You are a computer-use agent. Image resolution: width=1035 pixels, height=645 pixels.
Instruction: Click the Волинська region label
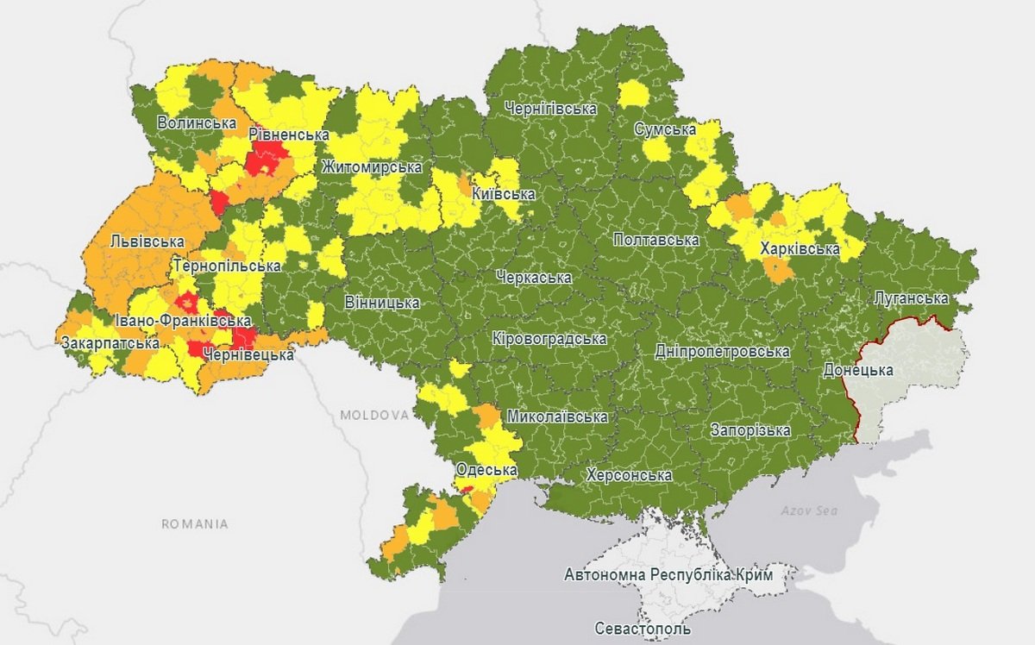pyautogui.click(x=197, y=123)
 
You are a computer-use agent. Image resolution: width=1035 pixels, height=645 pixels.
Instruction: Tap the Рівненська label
pyautogui.click(x=288, y=135)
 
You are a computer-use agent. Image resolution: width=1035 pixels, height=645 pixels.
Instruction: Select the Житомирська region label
pyautogui.click(x=372, y=167)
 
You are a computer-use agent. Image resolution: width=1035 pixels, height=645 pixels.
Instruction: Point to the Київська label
pyautogui.click(x=503, y=194)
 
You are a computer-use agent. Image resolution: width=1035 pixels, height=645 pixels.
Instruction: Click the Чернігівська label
pyautogui.click(x=552, y=110)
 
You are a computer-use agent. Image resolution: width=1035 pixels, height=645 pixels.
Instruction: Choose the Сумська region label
pyautogui.click(x=665, y=129)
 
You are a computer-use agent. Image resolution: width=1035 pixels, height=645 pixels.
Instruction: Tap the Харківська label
pyautogui.click(x=800, y=249)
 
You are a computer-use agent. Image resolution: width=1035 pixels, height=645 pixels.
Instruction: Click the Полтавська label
pyautogui.click(x=655, y=240)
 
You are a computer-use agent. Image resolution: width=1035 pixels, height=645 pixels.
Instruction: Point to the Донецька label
pyautogui.click(x=857, y=370)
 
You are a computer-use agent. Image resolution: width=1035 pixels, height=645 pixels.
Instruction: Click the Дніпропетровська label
pyautogui.click(x=722, y=352)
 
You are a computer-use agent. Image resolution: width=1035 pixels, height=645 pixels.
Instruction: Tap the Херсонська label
pyautogui.click(x=628, y=475)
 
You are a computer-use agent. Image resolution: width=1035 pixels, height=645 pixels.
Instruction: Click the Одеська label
pyautogui.click(x=486, y=470)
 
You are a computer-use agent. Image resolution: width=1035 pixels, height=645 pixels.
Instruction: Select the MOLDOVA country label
pyautogui.click(x=373, y=415)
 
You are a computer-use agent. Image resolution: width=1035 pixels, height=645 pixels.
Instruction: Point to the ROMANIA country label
pyautogui.click(x=195, y=523)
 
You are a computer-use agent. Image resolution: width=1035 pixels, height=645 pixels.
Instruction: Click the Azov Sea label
pyautogui.click(x=809, y=510)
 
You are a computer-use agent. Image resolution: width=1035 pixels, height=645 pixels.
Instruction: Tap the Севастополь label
pyautogui.click(x=643, y=629)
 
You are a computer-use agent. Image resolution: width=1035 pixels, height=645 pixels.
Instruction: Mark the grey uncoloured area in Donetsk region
pyautogui.click(x=914, y=362)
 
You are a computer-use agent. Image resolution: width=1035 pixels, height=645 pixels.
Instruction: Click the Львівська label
pyautogui.click(x=147, y=242)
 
